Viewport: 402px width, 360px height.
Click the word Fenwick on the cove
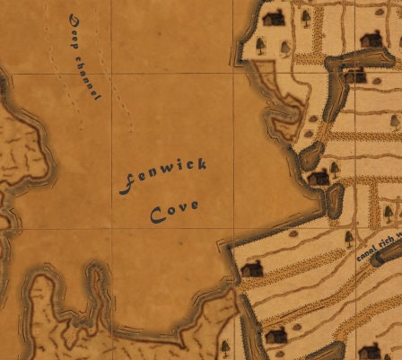pyautogui.click(x=163, y=175)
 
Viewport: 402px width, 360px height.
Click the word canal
pyautogui.click(x=368, y=252)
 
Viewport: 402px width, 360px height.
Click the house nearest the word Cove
pyautogui.click(x=252, y=268)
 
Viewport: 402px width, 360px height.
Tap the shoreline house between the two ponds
pyautogui.click(x=319, y=178)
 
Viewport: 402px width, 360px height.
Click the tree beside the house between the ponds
pyautogui.click(x=335, y=168)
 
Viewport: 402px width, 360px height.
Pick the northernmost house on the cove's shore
pyautogui.click(x=275, y=17)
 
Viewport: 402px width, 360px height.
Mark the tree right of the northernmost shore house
pyautogui.click(x=305, y=16)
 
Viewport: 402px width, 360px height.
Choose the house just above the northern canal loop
pyautogui.click(x=370, y=40)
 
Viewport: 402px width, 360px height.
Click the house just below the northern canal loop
pyautogui.click(x=356, y=75)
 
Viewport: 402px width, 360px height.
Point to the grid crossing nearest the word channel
pyautogui.click(x=111, y=74)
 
